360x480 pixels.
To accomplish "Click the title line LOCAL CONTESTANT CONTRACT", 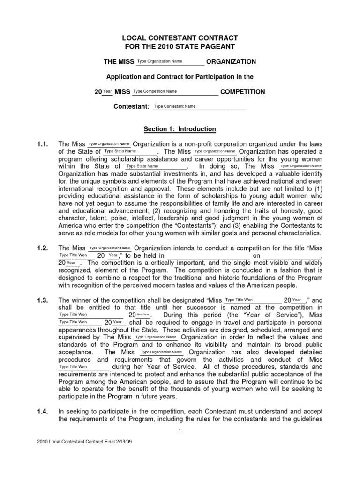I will [180, 37].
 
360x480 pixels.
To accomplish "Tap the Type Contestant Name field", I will [199, 107].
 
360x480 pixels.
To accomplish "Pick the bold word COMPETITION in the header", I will [242, 92].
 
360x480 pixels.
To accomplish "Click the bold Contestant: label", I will [131, 107].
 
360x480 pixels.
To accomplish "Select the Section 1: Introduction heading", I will [180, 129].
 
